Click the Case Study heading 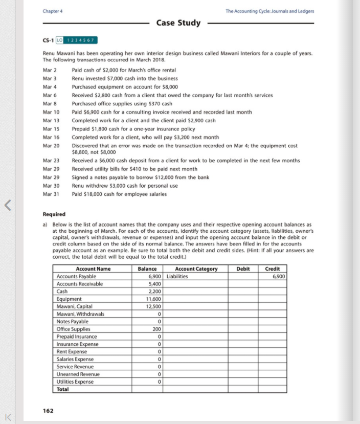click(x=178, y=23)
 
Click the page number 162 click(x=48, y=410)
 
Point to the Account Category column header click(x=196, y=269)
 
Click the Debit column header click(x=243, y=269)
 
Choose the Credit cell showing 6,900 click(x=278, y=276)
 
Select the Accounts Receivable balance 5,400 click(x=155, y=284)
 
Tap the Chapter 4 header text click(x=53, y=11)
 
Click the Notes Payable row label click(x=72, y=321)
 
